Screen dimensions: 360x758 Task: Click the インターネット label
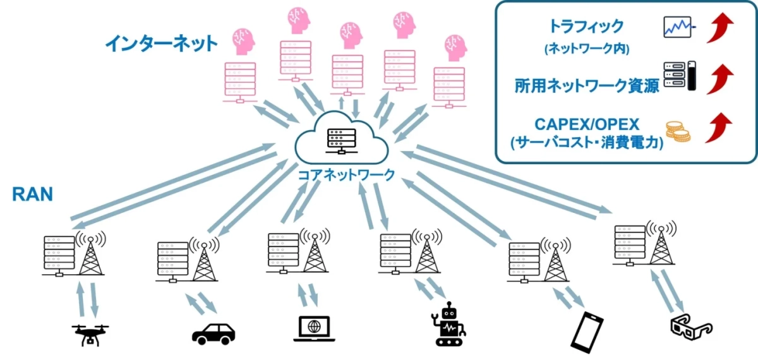[x=160, y=44]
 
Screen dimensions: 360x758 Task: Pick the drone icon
[x=90, y=333]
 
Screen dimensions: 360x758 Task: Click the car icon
[x=213, y=333]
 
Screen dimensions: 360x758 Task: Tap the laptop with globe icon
[x=315, y=328]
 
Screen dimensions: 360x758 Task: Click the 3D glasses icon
[x=690, y=326]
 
